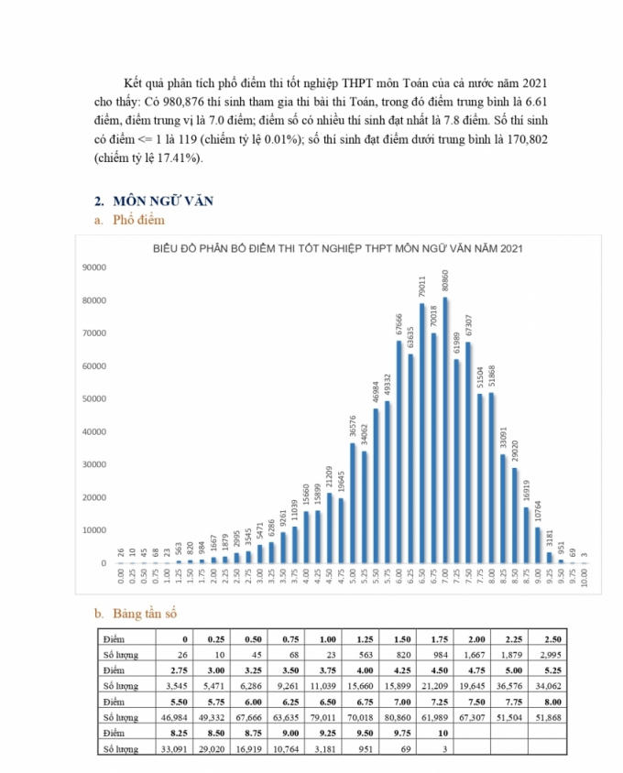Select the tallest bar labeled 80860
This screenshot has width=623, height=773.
click(445, 430)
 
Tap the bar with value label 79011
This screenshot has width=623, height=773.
click(422, 434)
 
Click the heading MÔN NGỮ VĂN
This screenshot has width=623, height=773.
click(162, 201)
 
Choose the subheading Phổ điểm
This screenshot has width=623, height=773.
click(137, 221)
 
